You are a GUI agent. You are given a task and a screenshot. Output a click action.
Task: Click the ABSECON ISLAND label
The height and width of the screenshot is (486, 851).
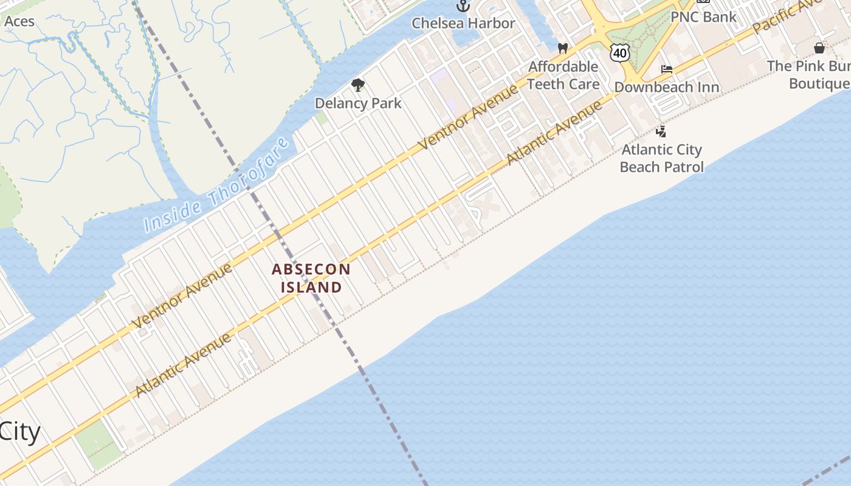(311, 278)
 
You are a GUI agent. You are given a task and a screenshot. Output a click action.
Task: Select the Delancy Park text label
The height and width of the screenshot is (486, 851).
(358, 103)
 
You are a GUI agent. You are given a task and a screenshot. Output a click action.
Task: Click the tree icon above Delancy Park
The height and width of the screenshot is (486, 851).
(358, 85)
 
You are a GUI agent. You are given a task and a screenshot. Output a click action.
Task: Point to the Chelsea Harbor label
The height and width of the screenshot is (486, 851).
(463, 23)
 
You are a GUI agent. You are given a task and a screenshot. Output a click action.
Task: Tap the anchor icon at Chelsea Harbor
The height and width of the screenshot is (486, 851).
(463, 6)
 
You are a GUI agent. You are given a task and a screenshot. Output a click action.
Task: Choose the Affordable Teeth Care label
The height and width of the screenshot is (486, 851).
(563, 75)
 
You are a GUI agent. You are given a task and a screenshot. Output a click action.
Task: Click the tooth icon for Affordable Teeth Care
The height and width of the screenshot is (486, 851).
(563, 48)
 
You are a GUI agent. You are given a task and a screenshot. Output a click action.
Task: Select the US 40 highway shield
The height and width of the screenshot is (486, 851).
(620, 53)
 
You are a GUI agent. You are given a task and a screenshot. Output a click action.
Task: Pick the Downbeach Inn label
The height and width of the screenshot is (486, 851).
(667, 87)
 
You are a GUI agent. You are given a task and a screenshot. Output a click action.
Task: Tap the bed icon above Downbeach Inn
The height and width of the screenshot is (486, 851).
(667, 69)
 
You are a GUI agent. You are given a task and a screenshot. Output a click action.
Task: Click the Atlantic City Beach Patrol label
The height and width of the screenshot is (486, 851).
(661, 158)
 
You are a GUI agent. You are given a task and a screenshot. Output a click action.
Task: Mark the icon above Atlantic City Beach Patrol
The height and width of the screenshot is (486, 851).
(661, 131)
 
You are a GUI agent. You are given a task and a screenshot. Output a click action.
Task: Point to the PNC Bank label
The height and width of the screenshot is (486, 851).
(703, 16)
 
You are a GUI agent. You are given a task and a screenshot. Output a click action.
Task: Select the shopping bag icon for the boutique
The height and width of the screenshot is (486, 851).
(819, 48)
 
